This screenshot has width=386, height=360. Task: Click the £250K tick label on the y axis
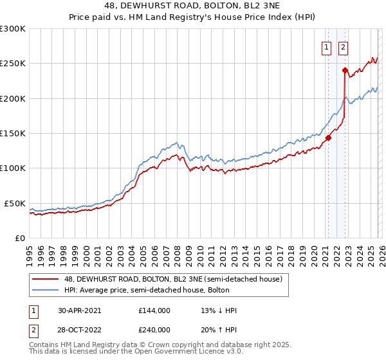click(13, 64)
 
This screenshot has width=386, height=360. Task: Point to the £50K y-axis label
click(15, 203)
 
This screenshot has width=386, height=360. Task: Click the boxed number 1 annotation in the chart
click(327, 47)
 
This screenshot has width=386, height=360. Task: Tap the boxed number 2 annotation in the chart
click(344, 47)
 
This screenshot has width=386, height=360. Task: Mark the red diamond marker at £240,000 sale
click(345, 71)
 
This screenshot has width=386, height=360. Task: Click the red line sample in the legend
click(46, 279)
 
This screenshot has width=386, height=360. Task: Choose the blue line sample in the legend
click(46, 290)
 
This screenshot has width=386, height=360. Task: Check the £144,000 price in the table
click(154, 310)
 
